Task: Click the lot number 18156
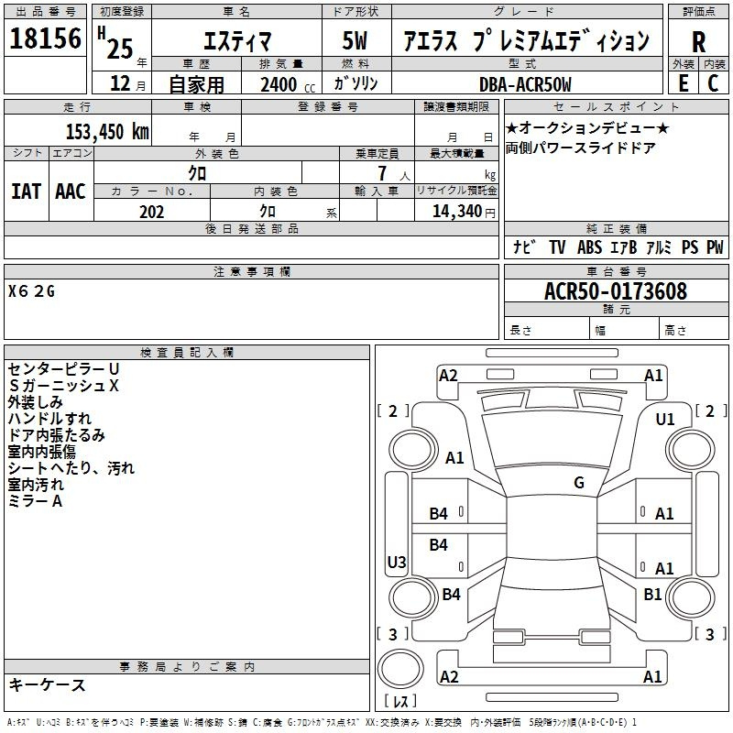(45, 38)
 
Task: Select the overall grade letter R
(698, 42)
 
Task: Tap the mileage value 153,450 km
(107, 131)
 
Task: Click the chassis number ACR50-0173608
(616, 291)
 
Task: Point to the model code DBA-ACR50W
(525, 84)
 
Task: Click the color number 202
(151, 212)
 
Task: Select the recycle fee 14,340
(457, 212)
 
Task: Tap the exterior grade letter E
(683, 83)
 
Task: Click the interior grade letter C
(713, 83)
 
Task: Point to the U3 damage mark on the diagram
(397, 562)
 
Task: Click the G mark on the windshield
(579, 483)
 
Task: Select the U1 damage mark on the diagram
(665, 420)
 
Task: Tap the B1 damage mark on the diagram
(652, 594)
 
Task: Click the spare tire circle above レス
(400, 669)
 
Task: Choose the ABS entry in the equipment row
(589, 247)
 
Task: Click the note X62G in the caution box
(31, 291)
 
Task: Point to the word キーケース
(47, 684)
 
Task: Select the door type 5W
(355, 40)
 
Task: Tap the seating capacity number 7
(382, 173)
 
